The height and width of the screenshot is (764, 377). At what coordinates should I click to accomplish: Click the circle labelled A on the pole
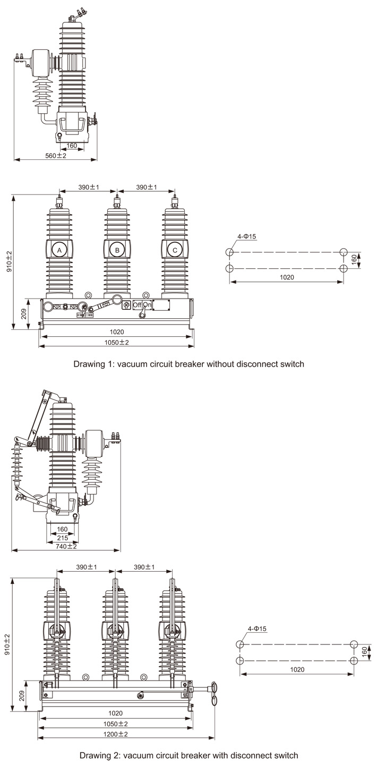click(x=59, y=250)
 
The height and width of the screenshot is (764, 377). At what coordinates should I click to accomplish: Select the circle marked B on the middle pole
click(x=117, y=250)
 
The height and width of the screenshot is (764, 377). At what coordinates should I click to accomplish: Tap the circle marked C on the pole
click(x=174, y=250)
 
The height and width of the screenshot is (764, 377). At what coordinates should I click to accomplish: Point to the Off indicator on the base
click(x=137, y=305)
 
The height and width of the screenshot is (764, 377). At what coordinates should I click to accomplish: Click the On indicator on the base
click(x=147, y=305)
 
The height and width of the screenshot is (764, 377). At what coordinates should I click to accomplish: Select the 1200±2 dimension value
click(x=115, y=734)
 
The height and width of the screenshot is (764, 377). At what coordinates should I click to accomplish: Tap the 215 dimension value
click(x=62, y=537)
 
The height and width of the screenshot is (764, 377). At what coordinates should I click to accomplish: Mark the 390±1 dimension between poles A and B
click(x=88, y=187)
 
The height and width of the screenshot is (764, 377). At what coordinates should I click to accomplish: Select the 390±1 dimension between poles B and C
click(x=145, y=187)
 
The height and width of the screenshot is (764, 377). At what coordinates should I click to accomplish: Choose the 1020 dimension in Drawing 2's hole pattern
click(x=297, y=669)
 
